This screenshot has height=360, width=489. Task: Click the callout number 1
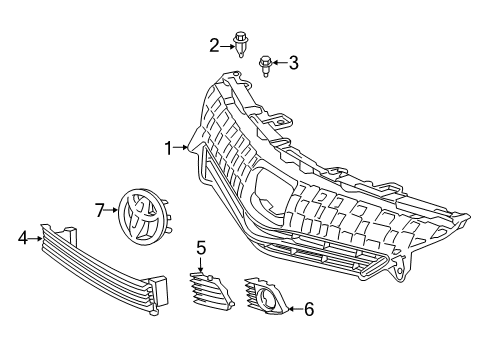(x=169, y=149)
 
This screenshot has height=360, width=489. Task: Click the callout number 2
(x=214, y=44)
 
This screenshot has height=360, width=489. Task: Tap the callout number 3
(x=293, y=64)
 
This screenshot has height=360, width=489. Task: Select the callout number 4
(x=22, y=237)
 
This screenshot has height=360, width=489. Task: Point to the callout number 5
(x=201, y=246)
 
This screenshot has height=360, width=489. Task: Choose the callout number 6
(x=308, y=309)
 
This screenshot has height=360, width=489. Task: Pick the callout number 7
(x=100, y=210)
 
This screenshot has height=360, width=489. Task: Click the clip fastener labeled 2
(x=240, y=46)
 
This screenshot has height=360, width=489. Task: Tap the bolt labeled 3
(x=265, y=68)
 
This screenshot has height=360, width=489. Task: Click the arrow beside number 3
(x=279, y=64)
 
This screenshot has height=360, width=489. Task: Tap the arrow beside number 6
(x=293, y=309)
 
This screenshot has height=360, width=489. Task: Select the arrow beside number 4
(x=37, y=237)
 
